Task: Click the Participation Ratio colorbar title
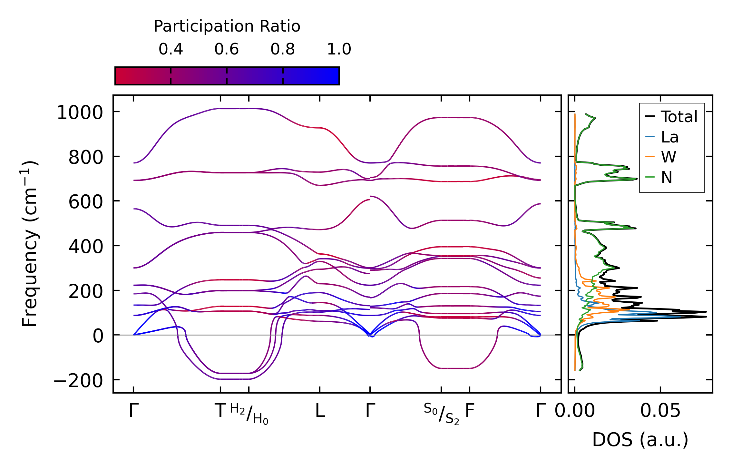pyautogui.click(x=227, y=26)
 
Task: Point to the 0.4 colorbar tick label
pyautogui.click(x=171, y=49)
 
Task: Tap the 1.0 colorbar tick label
pyautogui.click(x=339, y=49)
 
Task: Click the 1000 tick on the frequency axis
pyautogui.click(x=80, y=113)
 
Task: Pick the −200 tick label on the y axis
pyautogui.click(x=78, y=381)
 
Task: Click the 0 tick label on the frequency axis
pyautogui.click(x=98, y=336)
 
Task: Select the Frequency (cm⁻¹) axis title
pyautogui.click(x=30, y=244)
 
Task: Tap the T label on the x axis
pyautogui.click(x=220, y=411)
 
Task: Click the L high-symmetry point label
pyautogui.click(x=320, y=411)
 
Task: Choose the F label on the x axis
pyautogui.click(x=470, y=411)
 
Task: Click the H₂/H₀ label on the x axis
pyautogui.click(x=249, y=414)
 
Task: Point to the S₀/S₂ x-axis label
pyautogui.click(x=441, y=414)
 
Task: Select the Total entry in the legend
pyautogui.click(x=679, y=117)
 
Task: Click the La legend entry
pyautogui.click(x=669, y=137)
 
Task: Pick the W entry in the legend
pyautogui.click(x=669, y=157)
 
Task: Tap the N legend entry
pyautogui.click(x=667, y=178)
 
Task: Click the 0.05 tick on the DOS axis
pyautogui.click(x=660, y=411)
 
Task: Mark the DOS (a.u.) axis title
pyautogui.click(x=640, y=440)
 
